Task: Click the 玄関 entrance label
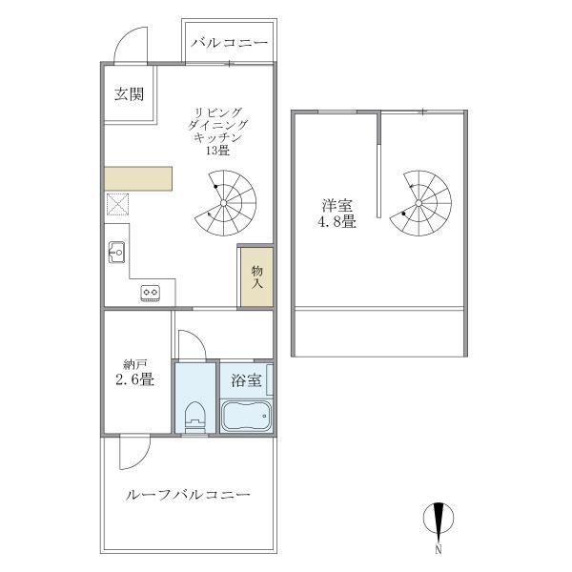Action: click(130, 94)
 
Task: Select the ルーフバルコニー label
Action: click(188, 496)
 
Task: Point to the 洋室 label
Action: click(337, 205)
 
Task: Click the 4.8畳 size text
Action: click(337, 224)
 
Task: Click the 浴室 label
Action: click(247, 380)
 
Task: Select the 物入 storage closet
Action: click(257, 276)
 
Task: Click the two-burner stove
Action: click(152, 293)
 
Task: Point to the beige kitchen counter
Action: click(139, 178)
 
